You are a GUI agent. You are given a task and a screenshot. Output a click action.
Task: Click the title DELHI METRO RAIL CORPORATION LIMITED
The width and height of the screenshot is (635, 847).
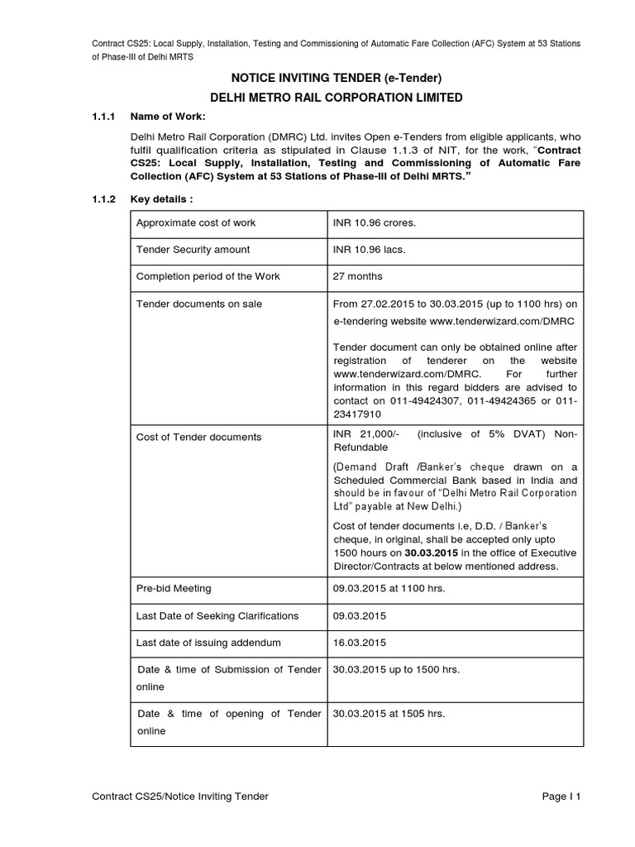pyautogui.click(x=336, y=98)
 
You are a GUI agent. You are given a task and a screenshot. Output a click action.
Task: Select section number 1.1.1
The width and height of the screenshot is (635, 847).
pyautogui.click(x=106, y=117)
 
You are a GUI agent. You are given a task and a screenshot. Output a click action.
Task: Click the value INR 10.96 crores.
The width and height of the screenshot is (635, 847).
pyautogui.click(x=368, y=223)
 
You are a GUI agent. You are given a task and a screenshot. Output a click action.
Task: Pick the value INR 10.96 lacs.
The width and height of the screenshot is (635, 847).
pyautogui.click(x=362, y=249)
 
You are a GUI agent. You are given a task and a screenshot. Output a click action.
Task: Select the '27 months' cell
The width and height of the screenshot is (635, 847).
pyautogui.click(x=357, y=276)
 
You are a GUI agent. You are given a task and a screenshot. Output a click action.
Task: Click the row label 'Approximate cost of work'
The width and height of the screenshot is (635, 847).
pyautogui.click(x=196, y=223)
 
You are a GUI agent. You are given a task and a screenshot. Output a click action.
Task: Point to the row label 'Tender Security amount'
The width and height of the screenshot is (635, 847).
pyautogui.click(x=193, y=249)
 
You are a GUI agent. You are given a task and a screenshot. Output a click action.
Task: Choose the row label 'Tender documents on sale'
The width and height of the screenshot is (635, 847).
pyautogui.click(x=198, y=304)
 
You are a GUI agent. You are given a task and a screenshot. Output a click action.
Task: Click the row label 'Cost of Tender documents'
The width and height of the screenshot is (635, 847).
pyautogui.click(x=198, y=437)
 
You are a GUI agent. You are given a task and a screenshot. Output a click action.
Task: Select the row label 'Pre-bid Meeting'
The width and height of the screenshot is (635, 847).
pyautogui.click(x=174, y=588)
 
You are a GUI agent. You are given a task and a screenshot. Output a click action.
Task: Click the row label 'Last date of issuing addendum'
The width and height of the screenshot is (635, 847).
pyautogui.click(x=208, y=643)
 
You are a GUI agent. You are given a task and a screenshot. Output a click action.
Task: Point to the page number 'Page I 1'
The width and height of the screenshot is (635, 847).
pyautogui.click(x=562, y=796)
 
